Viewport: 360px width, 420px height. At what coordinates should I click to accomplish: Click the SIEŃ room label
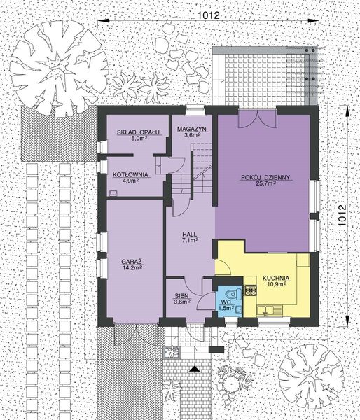pyautogui.click(x=182, y=296)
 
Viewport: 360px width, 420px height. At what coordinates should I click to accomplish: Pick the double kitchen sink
pyautogui.click(x=269, y=309)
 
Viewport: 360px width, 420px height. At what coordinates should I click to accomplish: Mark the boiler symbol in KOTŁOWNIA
pyautogui.click(x=113, y=190)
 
